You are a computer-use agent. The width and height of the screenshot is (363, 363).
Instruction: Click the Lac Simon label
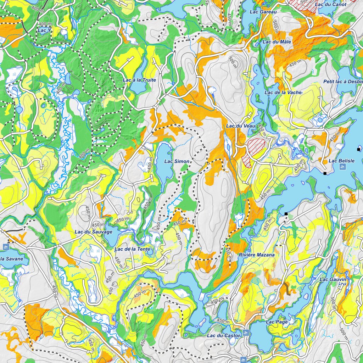coord(177,161)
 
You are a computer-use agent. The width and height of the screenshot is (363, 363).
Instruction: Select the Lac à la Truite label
coord(139,80)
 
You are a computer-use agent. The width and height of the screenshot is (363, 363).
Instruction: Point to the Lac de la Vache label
coord(283,93)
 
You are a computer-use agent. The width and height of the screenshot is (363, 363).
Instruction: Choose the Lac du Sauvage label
coord(93,232)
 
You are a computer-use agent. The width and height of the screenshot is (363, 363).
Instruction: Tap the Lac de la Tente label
coord(132,249)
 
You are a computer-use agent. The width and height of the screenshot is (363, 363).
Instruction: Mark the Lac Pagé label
coord(277,322)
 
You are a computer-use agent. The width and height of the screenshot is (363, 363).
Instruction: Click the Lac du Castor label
coord(224,335)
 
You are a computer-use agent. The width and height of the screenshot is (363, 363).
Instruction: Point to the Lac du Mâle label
coord(277,42)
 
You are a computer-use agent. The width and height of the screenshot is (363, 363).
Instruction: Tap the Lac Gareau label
coord(263,12)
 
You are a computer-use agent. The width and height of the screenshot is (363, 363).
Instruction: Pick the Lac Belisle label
coord(341,161)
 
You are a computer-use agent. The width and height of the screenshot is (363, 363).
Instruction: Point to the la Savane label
coord(11,259)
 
